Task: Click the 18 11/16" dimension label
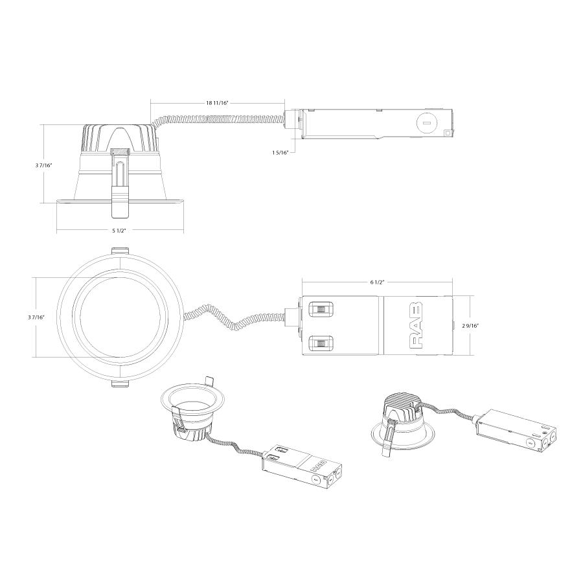[217, 103]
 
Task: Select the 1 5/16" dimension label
[280, 152]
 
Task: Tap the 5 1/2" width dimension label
[119, 230]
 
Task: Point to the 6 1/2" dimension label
[376, 282]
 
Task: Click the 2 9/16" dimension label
[470, 326]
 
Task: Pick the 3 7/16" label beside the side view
[44, 165]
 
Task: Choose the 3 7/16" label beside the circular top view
[36, 317]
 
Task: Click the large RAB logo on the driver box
[416, 325]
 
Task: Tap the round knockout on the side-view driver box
[426, 122]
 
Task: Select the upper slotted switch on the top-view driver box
[321, 309]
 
